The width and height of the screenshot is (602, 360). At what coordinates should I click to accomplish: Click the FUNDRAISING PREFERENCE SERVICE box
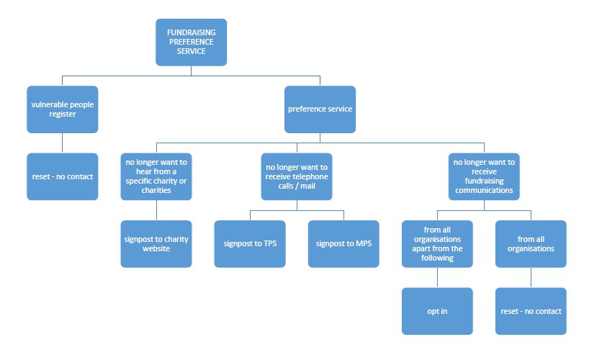(x=192, y=42)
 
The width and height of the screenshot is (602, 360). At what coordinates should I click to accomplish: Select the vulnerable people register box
(x=63, y=109)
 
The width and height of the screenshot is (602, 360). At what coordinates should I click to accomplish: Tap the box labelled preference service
(x=320, y=109)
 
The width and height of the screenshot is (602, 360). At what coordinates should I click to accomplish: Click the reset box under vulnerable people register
(x=63, y=176)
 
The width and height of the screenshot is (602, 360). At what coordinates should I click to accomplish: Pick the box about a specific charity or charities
(x=156, y=176)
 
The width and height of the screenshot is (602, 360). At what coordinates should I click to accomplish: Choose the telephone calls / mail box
(x=297, y=176)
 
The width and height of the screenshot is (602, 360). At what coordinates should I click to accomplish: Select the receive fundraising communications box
(x=484, y=176)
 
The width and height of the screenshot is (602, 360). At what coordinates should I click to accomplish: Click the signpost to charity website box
(x=156, y=244)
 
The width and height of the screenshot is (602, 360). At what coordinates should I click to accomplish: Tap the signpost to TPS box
(x=250, y=244)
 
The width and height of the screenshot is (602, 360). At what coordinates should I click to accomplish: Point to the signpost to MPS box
(x=343, y=244)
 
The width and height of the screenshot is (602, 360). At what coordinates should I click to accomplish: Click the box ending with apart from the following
(x=437, y=244)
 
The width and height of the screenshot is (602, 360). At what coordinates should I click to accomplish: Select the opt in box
(x=437, y=311)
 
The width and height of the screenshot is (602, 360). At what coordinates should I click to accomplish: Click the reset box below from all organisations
(x=531, y=311)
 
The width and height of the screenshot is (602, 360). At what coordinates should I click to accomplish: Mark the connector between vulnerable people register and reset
(x=63, y=143)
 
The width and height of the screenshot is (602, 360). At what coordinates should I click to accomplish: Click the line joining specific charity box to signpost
(x=156, y=210)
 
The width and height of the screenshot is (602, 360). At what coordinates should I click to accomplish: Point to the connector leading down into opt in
(x=437, y=277)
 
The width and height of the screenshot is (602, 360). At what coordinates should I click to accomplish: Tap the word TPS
(x=270, y=243)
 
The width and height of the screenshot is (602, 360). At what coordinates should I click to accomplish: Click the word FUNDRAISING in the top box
(x=192, y=32)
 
